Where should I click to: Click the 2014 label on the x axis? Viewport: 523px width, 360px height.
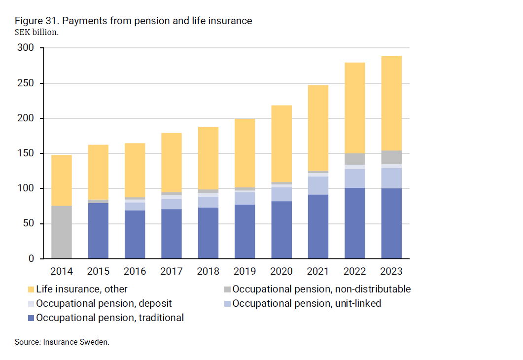(x=62, y=271)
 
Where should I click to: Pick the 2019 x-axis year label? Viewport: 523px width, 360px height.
(x=244, y=271)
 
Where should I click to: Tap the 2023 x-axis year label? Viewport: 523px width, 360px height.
(x=391, y=271)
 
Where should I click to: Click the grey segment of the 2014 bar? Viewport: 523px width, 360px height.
(x=62, y=232)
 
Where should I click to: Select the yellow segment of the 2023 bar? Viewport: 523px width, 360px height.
(x=391, y=104)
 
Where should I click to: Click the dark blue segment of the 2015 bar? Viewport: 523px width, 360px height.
(x=98, y=231)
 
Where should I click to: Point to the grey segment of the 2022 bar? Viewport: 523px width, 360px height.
(x=354, y=159)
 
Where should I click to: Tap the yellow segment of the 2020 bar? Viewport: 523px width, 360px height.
(x=281, y=144)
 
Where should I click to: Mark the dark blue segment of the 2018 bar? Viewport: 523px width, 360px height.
(x=208, y=233)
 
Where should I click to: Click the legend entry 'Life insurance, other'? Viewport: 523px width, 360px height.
(x=81, y=289)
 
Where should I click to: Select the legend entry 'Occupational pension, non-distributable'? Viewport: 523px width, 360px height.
(x=321, y=289)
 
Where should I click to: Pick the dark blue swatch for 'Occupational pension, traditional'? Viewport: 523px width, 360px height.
(x=32, y=318)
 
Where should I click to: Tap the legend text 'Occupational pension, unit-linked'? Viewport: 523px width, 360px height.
(x=307, y=303)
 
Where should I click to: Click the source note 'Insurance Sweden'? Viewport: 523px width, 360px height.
(x=76, y=342)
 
